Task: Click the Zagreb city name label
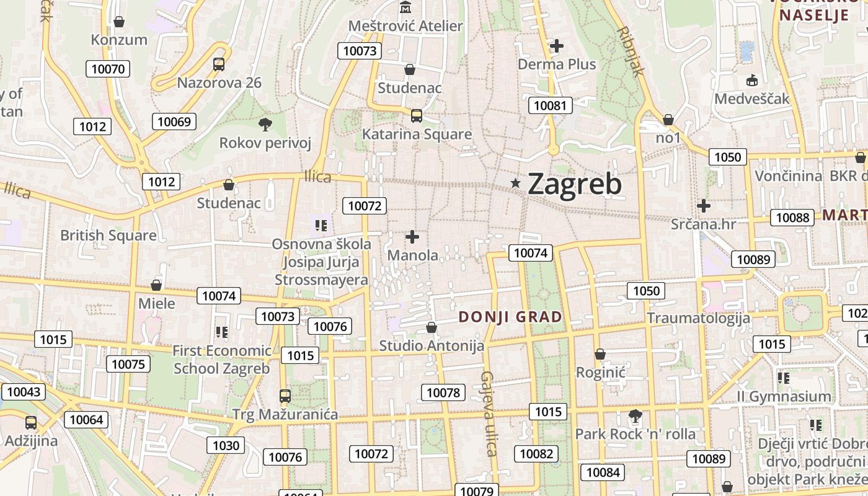pos(574,184)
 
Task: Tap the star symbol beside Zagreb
pos(515,183)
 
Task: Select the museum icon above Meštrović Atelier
pos(405,7)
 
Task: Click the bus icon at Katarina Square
pos(417,116)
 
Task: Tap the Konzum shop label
pos(119,40)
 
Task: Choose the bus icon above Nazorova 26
pos(219,64)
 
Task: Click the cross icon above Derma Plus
pos(557,45)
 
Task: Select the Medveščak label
pos(752,99)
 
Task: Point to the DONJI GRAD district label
pos(510,317)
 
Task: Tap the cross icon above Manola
pos(412,236)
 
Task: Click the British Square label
pos(108,236)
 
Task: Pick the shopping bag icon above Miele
pos(156,285)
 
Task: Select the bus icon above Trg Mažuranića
pos(285,396)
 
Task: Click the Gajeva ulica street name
pos(489,413)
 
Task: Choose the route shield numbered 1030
pos(226,445)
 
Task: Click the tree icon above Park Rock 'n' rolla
pos(635,415)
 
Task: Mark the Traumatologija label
pos(699,318)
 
